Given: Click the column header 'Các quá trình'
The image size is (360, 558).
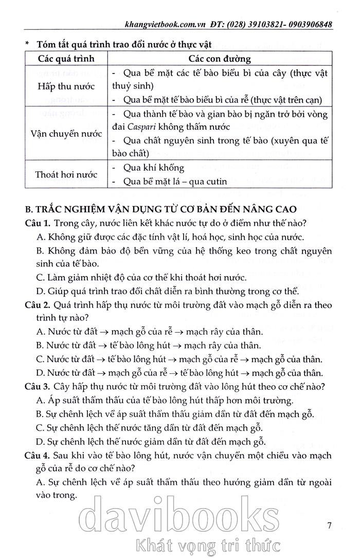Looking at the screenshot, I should click(67, 59).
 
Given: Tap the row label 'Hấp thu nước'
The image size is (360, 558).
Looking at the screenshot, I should click(67, 86).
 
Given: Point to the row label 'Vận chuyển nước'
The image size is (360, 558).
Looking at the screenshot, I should click(67, 133).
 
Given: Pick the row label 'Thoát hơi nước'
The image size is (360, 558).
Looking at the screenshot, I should click(67, 175).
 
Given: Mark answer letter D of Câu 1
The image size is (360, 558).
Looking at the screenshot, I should click(41, 291).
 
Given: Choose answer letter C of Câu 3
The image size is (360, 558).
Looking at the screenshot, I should click(41, 427).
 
